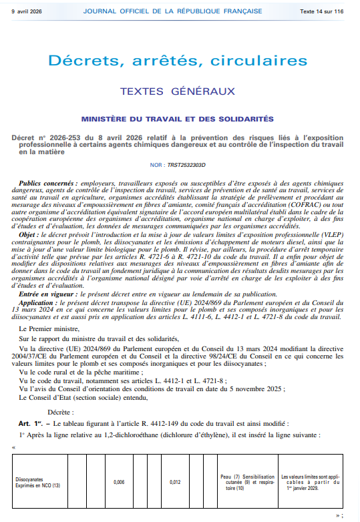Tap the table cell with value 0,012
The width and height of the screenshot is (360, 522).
coord(175,481)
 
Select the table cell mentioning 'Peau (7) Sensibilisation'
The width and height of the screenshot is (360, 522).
coord(247,481)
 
